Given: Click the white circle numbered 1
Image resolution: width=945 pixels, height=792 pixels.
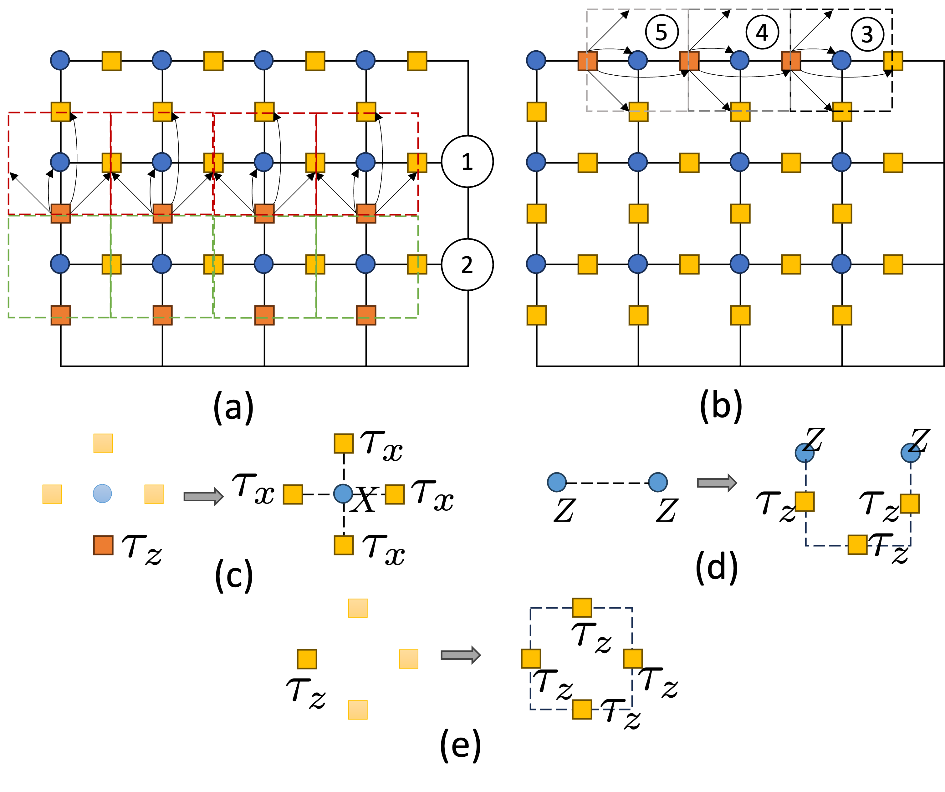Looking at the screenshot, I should pos(467,161).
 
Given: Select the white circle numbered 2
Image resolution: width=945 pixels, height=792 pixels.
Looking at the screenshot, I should pos(467,264).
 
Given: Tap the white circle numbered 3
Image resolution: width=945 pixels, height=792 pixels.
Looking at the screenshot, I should pos(867,34).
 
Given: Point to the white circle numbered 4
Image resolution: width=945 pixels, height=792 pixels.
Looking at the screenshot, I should pos(762,33).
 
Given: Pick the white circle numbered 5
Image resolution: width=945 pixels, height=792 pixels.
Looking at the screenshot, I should pos(661,32).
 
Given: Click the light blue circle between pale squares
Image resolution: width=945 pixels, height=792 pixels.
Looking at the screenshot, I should pos(103,494).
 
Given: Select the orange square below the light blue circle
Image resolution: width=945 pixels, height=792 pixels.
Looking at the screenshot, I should pos(103,545).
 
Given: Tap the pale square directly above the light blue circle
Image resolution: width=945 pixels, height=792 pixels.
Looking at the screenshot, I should pos(103,443).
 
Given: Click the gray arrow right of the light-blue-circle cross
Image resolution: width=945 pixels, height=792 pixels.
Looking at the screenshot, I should pos(203,497).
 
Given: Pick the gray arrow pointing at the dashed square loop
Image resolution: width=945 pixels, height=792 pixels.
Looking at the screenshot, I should pos(460,655).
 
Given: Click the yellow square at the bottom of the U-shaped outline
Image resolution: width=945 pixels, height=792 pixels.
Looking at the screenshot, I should pos(857,545).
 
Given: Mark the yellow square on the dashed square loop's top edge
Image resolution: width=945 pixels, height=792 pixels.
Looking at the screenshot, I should pos(582,608).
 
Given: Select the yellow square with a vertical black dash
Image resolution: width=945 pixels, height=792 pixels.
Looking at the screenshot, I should pos(893,61).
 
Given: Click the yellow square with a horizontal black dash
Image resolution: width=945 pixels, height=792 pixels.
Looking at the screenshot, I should pos(842,112).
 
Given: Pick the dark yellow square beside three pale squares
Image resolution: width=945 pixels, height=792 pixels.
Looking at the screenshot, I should pos(307,659).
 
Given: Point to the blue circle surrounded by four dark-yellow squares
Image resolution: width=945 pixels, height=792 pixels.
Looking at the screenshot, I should pos(343,494).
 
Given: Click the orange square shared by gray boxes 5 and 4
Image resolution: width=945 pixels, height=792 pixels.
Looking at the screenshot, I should pos(689,61).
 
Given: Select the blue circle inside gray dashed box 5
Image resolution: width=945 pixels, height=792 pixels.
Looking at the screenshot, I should pos(638,60).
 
